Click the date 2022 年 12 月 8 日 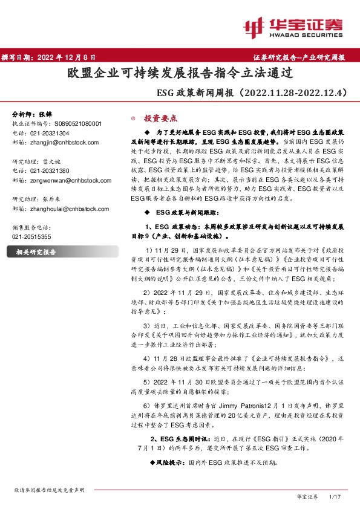tap(66, 57)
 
